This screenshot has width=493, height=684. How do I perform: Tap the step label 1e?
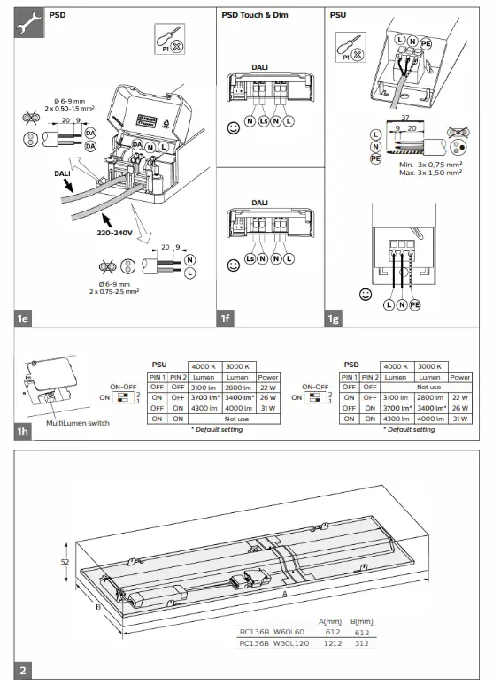[x=25, y=316]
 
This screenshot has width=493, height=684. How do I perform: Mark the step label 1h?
[x=25, y=432]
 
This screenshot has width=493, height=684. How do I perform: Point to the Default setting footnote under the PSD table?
[x=409, y=428]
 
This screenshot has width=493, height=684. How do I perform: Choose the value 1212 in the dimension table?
[x=334, y=644]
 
